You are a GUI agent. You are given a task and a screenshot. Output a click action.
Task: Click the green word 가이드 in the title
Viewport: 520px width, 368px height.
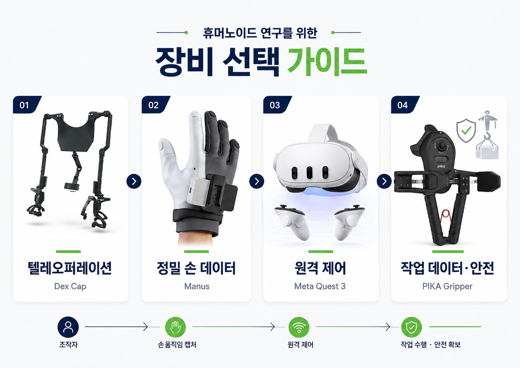pos(327,62)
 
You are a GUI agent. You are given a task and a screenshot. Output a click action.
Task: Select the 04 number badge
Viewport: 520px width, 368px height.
pos(404,105)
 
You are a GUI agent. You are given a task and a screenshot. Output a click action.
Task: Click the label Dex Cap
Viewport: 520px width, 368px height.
pos(70,286)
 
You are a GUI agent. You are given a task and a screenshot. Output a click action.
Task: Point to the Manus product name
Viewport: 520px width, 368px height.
pos(197,286)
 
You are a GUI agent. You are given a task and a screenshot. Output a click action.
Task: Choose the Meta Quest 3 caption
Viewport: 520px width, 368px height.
pos(320,286)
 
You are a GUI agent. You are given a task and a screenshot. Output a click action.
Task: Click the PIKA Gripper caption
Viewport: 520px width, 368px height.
pos(447,286)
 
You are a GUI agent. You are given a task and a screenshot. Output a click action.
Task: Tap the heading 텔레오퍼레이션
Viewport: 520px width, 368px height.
pos(70,268)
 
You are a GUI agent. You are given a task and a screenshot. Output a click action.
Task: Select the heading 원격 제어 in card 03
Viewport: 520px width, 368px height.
pos(320,268)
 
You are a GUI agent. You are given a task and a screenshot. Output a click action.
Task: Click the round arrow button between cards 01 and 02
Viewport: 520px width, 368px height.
pos(134,181)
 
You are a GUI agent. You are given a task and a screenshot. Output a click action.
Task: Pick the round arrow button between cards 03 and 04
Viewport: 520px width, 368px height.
pos(384,181)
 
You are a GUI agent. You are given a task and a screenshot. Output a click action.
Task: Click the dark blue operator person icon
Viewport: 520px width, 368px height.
pos(68,327)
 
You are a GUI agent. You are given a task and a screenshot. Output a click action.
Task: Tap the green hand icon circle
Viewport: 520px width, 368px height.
pos(175,327)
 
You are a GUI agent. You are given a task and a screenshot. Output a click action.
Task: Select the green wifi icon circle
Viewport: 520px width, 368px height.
pos(299,327)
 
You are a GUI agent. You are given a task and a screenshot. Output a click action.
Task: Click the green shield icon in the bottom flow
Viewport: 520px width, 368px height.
pos(411,327)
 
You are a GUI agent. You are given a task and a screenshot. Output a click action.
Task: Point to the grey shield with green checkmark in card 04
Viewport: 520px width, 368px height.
pos(466,130)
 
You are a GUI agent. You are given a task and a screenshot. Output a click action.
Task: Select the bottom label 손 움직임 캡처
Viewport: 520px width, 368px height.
pos(177,345)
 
